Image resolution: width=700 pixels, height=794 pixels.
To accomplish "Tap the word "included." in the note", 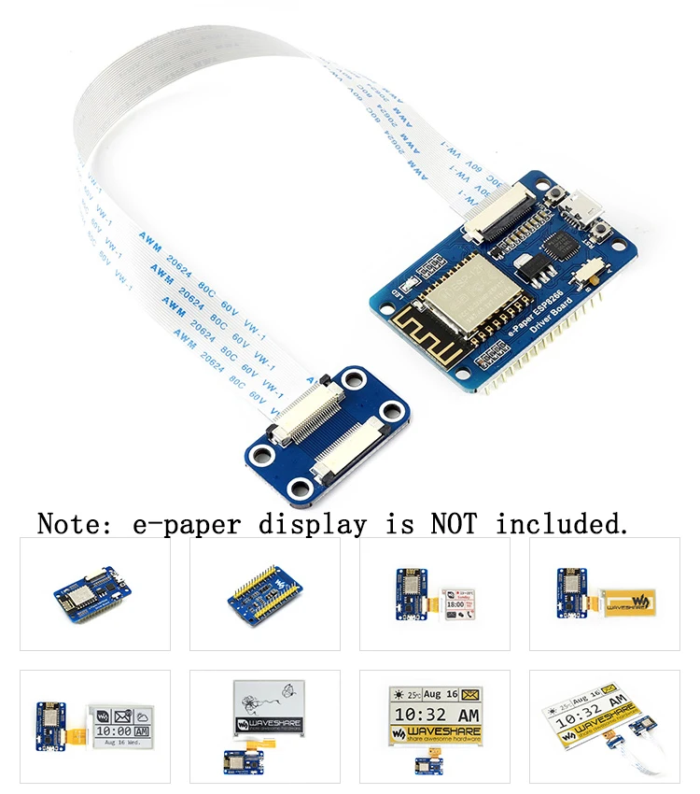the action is [563, 524].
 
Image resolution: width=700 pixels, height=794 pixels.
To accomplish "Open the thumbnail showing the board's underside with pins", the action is [265, 594].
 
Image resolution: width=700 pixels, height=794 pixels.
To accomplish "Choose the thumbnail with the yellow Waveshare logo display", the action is [604, 594].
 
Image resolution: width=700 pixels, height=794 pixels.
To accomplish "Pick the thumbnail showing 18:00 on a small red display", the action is [435, 594].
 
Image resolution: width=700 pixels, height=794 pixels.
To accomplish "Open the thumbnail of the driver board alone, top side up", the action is [95, 594].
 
